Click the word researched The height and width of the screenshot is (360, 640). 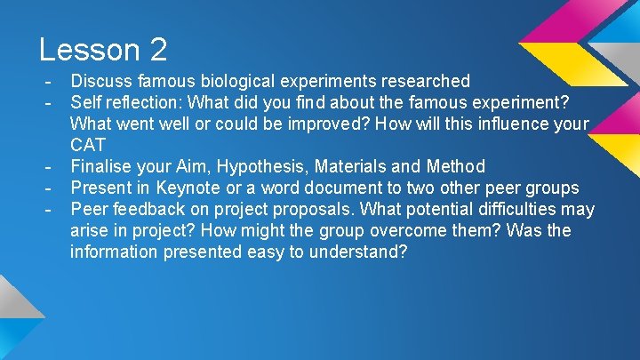(x=425, y=82)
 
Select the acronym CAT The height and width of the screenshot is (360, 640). (x=89, y=145)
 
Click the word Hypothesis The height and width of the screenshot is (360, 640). (x=279, y=166)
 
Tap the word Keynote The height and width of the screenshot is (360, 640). (x=185, y=188)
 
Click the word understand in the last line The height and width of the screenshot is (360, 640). (x=356, y=252)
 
